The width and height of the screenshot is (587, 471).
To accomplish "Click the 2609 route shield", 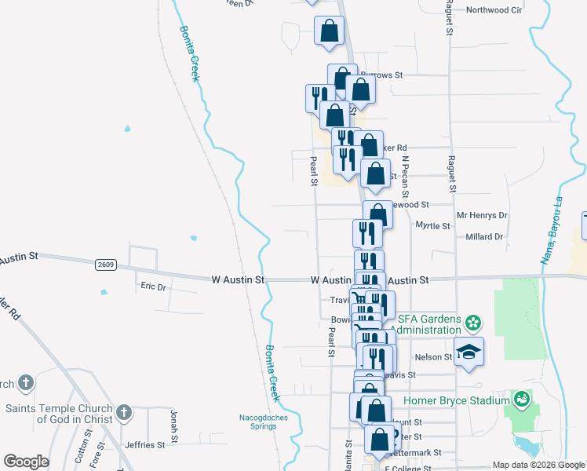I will pos(107,265).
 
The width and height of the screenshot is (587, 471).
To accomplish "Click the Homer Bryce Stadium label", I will pos(456,400).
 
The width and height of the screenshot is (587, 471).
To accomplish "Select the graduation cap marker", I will pos(469,352).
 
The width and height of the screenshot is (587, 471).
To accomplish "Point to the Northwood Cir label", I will pos(494,10).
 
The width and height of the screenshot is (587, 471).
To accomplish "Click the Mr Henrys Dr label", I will pos(482,215).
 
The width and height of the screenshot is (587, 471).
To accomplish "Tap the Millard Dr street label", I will pos(483,236).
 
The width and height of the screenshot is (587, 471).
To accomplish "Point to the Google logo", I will pos(26,462).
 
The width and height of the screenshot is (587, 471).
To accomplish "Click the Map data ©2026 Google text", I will pos(538,464).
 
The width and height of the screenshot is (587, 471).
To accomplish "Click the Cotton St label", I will pos(80,451).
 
